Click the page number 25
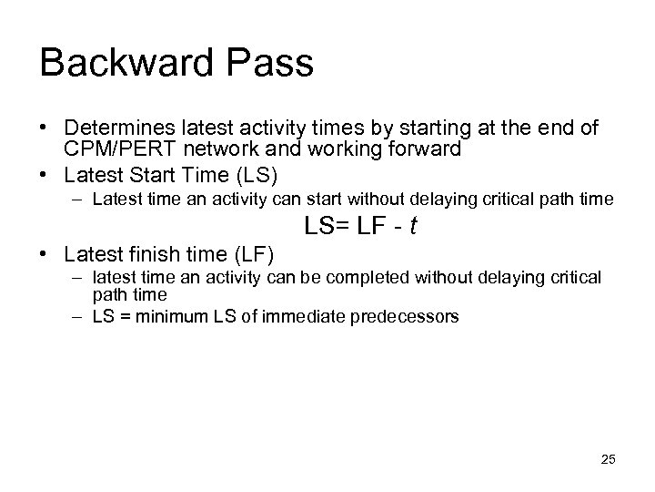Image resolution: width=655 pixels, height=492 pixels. click(x=608, y=460)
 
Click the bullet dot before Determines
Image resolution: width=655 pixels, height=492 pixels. click(x=46, y=129)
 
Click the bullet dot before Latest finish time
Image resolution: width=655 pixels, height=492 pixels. click(x=46, y=252)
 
